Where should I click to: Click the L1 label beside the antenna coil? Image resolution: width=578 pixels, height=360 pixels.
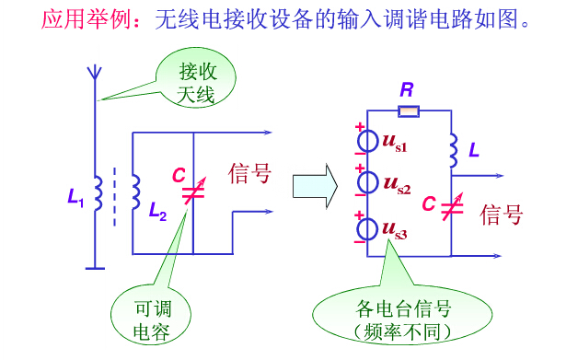pyautogui.click(x=75, y=196)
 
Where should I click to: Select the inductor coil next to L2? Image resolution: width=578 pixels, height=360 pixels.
pyautogui.click(x=135, y=191)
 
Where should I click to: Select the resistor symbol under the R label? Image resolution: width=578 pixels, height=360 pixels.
pyautogui.click(x=408, y=112)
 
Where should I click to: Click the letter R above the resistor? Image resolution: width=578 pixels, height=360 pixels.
pyautogui.click(x=407, y=90)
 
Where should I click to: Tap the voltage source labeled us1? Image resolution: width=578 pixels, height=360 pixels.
pyautogui.click(x=368, y=140)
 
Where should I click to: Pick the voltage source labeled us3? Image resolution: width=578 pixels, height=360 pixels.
pyautogui.click(x=368, y=227)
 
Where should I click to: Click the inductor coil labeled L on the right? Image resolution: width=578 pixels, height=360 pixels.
pyautogui.click(x=452, y=150)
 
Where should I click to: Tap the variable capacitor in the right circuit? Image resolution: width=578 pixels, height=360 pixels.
pyautogui.click(x=451, y=208)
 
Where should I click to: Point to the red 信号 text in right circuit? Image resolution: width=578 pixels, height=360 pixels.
pyautogui.click(x=502, y=215)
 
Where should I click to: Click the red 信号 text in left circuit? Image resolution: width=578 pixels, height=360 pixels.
pyautogui.click(x=249, y=171)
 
